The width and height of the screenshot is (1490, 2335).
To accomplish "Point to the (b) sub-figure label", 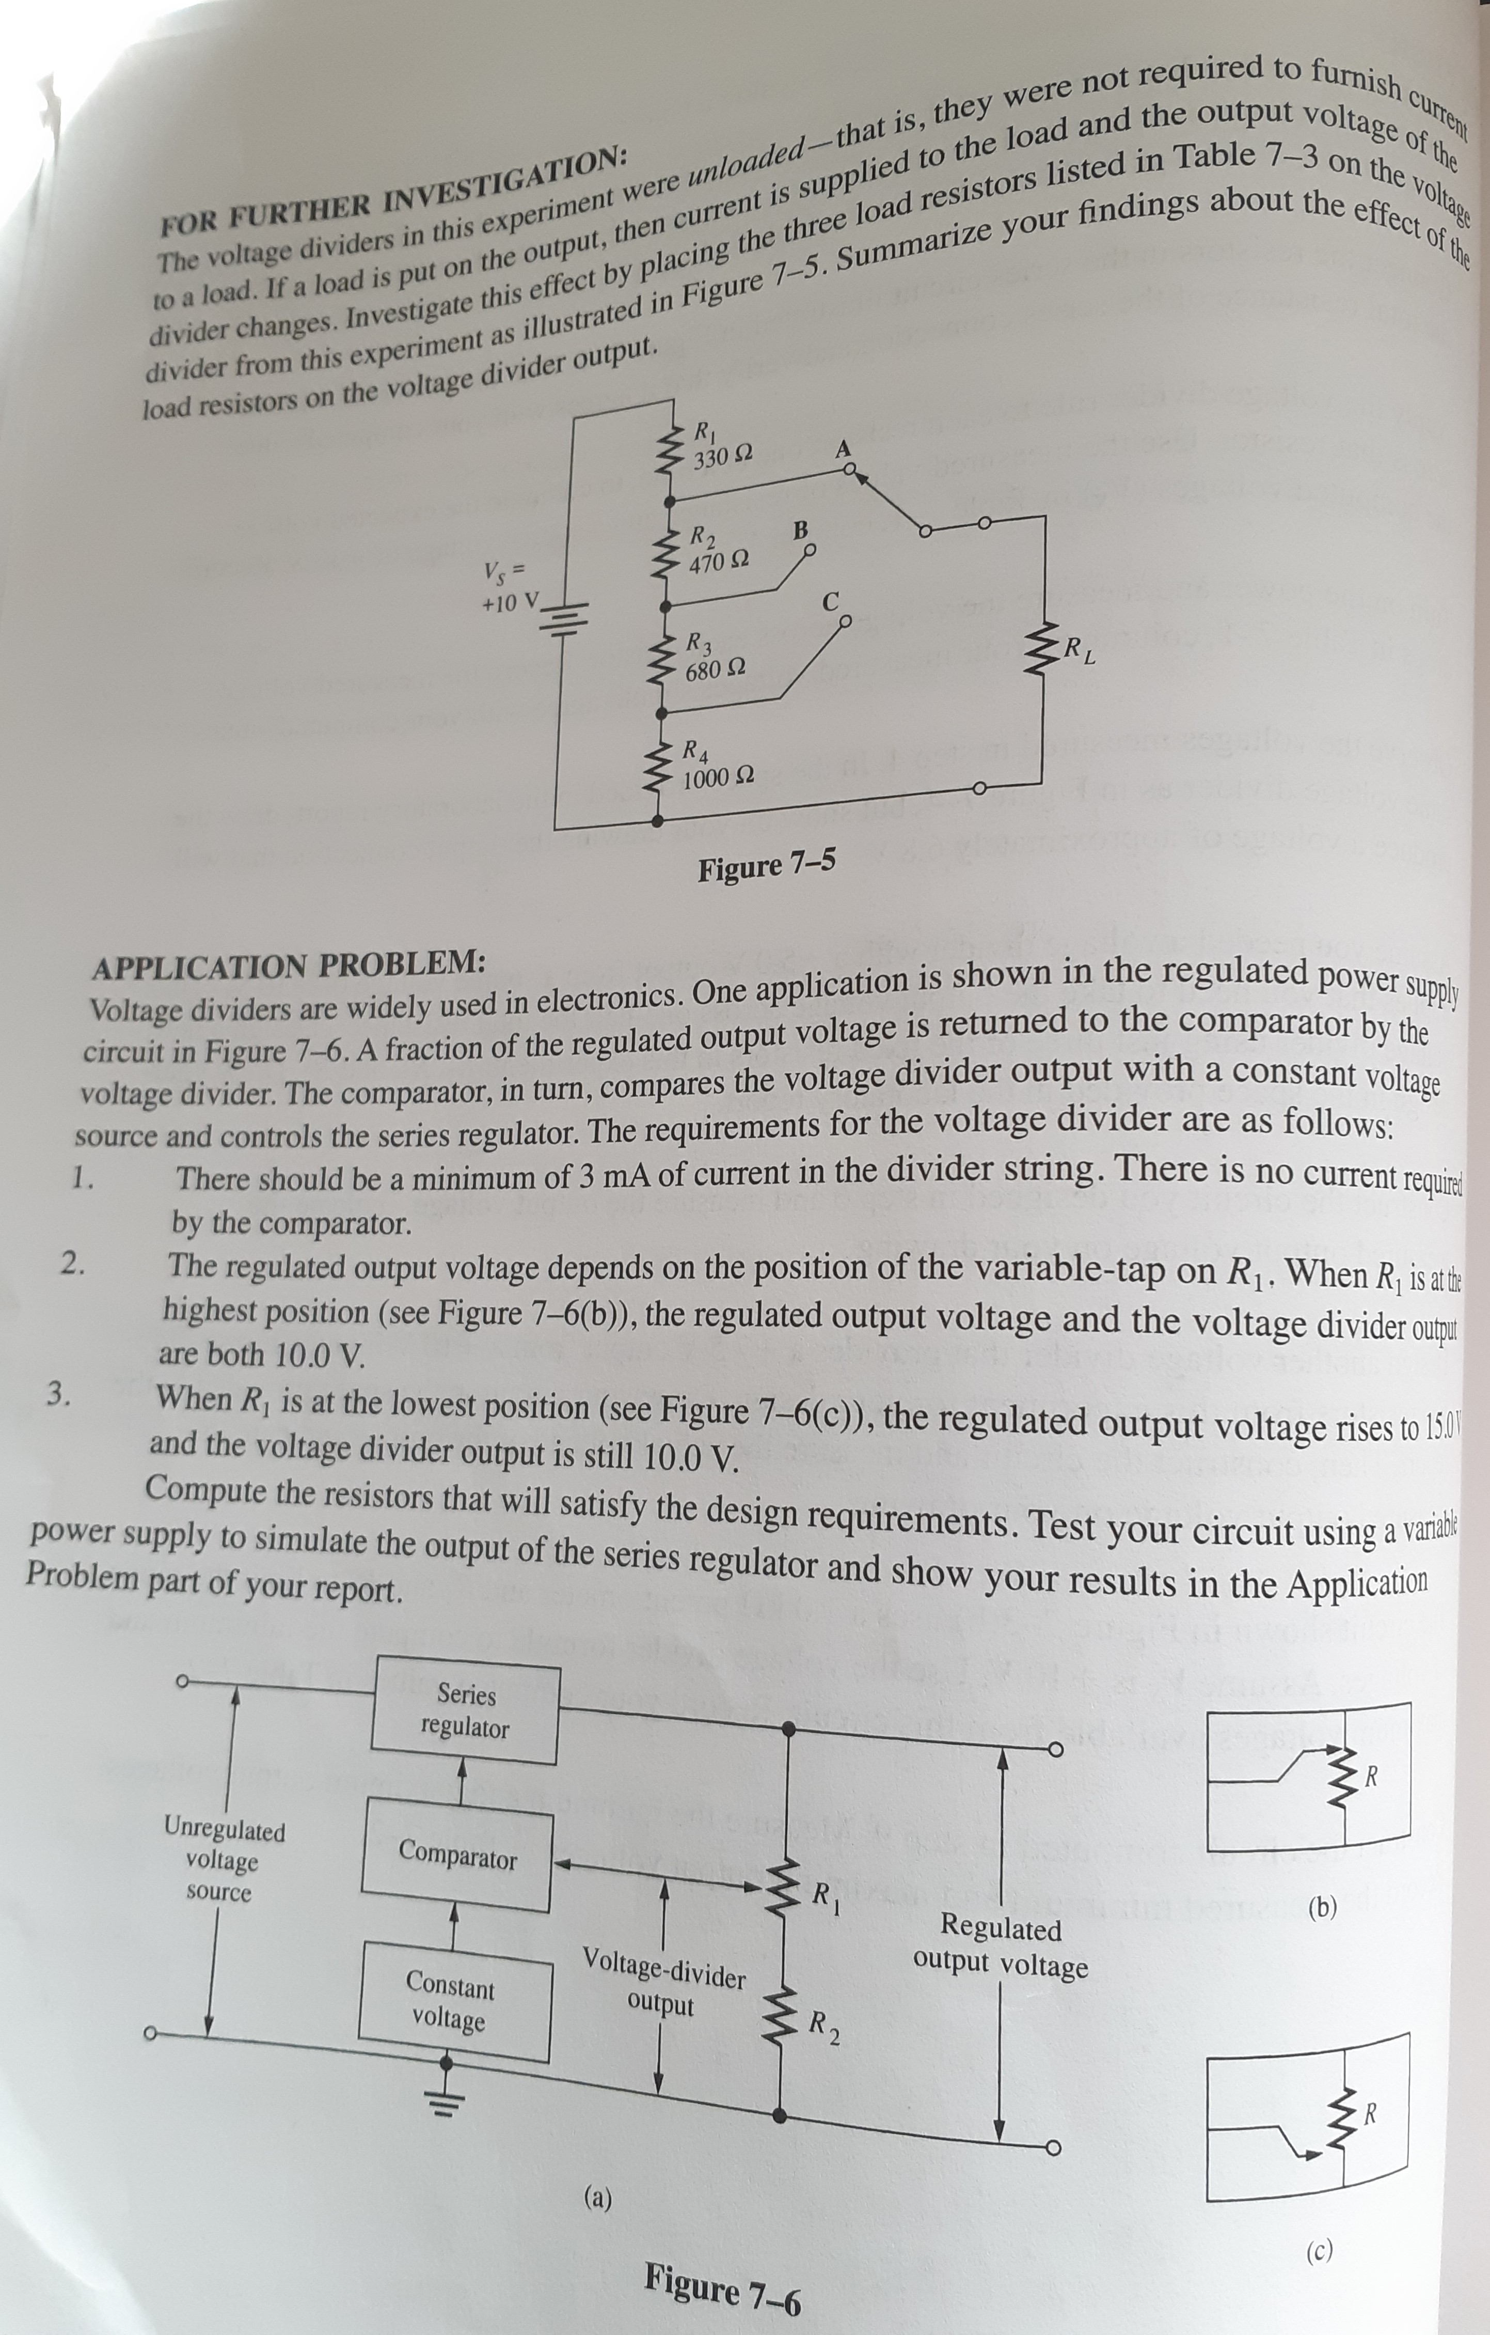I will pos(1321,1907).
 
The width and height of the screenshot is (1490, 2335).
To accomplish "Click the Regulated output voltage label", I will pos(1001,1945).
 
